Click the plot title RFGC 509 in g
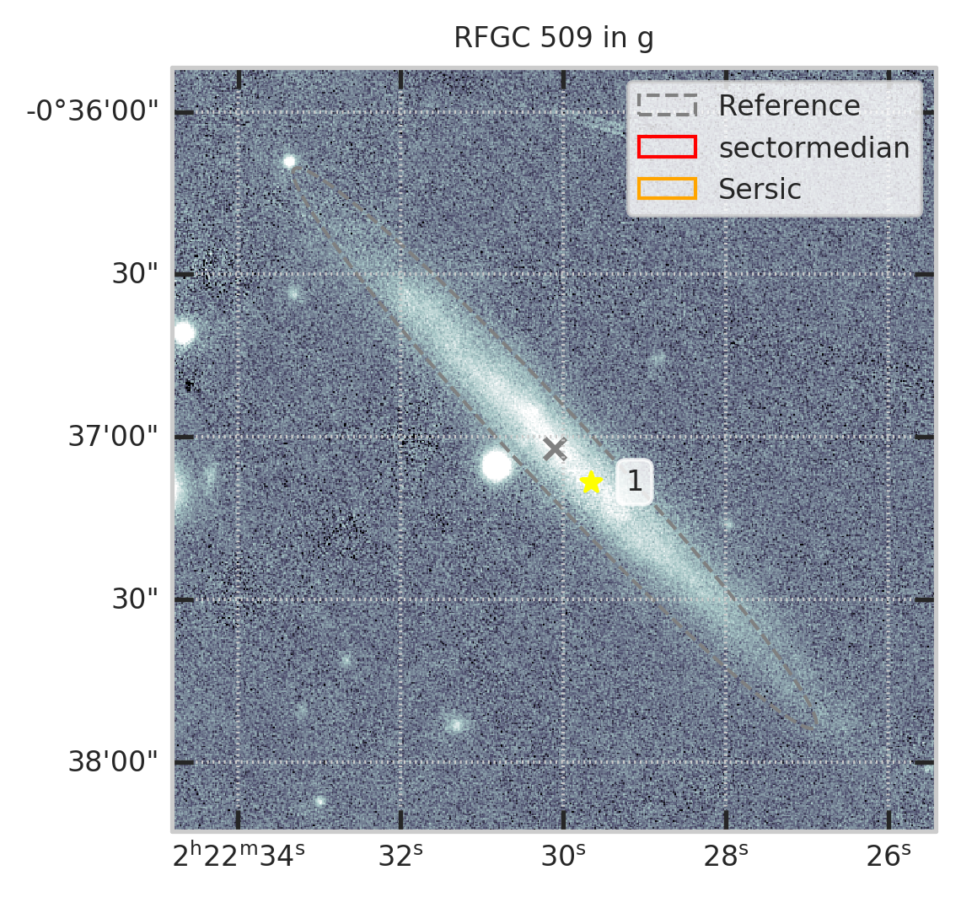(554, 39)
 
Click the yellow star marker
(592, 482)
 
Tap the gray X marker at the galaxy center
(554, 448)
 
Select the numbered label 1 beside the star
(635, 482)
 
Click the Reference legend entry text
(789, 106)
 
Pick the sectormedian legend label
(813, 148)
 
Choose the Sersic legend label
(760, 189)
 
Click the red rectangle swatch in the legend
(667, 148)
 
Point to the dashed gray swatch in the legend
(667, 106)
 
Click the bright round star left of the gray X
(496, 465)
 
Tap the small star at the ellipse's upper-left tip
(289, 161)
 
